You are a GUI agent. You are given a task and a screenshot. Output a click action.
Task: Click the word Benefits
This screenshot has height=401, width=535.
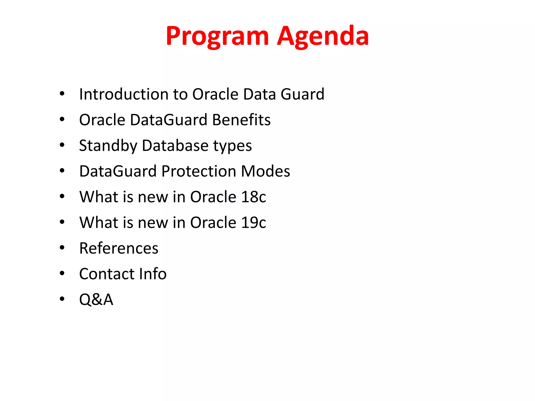(x=241, y=120)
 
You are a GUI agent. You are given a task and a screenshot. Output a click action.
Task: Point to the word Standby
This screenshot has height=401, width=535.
(x=108, y=146)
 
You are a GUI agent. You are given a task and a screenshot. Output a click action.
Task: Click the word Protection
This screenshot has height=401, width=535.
(x=199, y=171)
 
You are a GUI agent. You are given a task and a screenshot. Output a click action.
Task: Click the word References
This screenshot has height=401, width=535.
(x=119, y=248)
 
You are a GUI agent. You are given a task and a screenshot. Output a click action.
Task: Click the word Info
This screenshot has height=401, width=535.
(x=153, y=274)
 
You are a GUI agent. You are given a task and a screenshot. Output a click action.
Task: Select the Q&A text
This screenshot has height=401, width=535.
(x=96, y=299)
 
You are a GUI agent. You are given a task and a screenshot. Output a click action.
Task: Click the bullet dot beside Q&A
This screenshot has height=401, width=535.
(x=62, y=299)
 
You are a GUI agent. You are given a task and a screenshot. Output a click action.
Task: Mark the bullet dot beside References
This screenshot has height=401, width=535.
(x=62, y=248)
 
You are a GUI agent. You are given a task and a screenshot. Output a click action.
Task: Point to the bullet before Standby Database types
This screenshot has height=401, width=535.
(x=62, y=145)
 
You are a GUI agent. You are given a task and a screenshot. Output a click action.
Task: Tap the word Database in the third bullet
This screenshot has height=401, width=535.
(x=175, y=146)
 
